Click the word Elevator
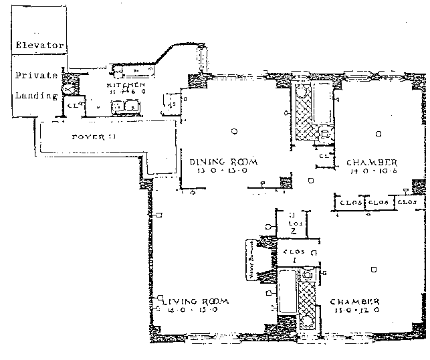(x=39, y=46)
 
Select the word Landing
(x=37, y=96)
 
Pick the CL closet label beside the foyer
(x=71, y=105)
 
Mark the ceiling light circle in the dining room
(x=234, y=130)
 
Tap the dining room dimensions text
(x=215, y=171)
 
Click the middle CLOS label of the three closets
(x=379, y=201)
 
